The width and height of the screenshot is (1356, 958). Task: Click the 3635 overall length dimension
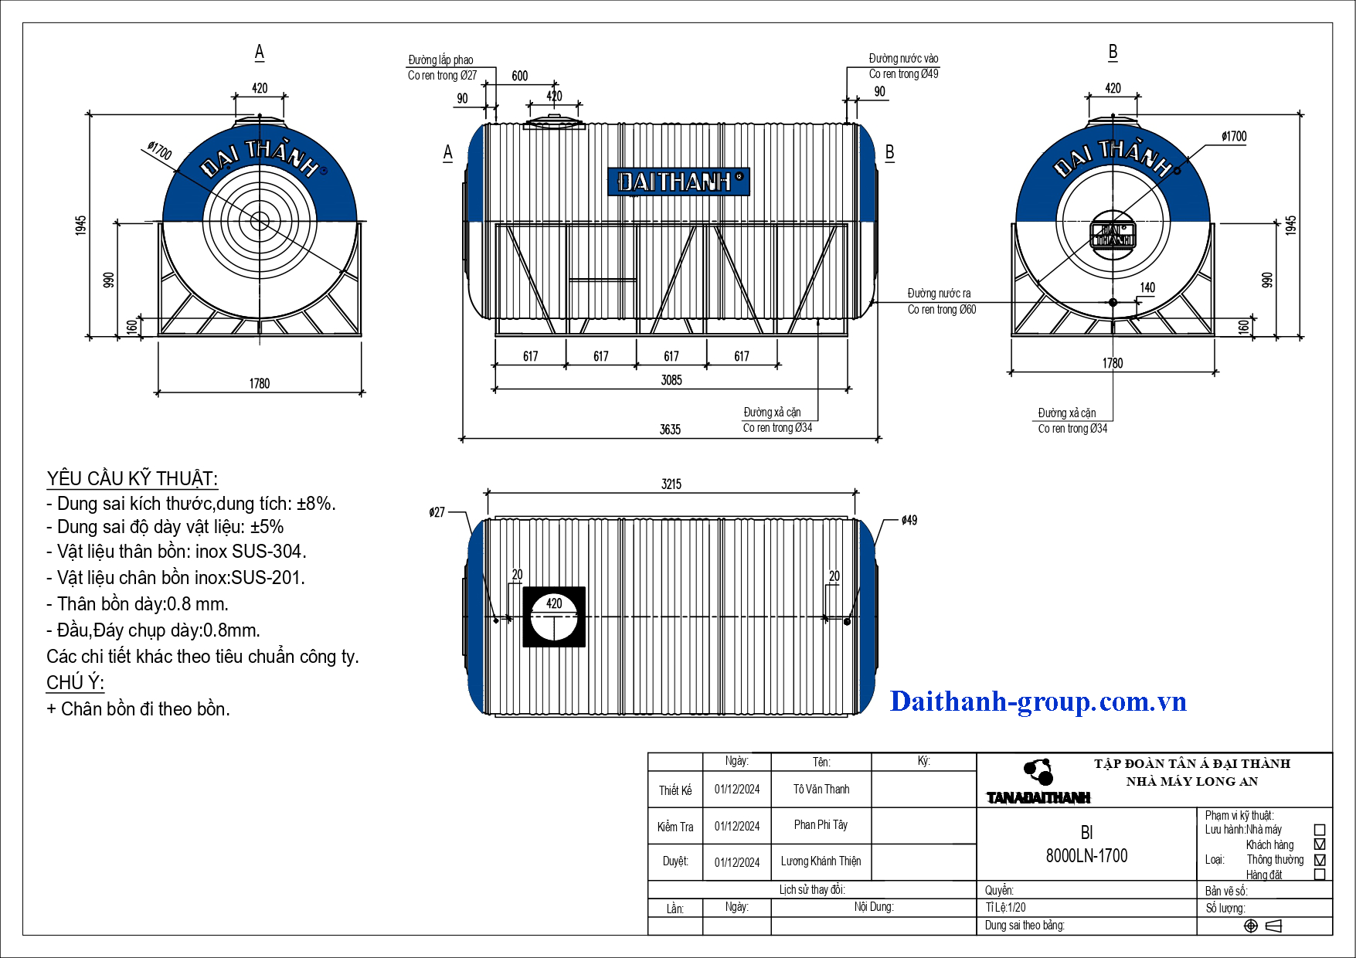(670, 430)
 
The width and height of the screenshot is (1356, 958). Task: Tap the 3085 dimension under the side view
(671, 380)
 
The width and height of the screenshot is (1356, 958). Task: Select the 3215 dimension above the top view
(671, 484)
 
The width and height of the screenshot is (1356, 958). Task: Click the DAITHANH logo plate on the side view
(679, 182)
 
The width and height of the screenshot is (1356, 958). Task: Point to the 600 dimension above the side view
(520, 76)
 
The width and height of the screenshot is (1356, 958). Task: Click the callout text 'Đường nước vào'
(903, 59)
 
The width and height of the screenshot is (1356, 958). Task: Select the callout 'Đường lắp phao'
(440, 60)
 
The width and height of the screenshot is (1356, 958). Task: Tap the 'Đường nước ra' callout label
(939, 294)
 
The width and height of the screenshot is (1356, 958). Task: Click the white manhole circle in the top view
(554, 617)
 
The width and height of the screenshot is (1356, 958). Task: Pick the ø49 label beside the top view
(909, 521)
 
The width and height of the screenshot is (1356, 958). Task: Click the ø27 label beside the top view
(437, 512)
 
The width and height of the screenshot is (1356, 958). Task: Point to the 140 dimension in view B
(1147, 288)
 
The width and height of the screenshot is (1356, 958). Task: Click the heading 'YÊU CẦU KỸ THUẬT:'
(132, 479)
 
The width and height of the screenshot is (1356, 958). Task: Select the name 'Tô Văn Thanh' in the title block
(821, 790)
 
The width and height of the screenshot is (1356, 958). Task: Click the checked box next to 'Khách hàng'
(1320, 844)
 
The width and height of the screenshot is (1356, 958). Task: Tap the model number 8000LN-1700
(1086, 856)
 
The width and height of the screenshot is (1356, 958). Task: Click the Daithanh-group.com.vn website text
(1038, 702)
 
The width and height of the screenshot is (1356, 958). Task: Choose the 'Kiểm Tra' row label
(675, 827)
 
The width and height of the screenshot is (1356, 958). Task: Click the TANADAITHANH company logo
(1038, 783)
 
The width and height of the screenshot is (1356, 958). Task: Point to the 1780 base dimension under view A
(260, 384)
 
